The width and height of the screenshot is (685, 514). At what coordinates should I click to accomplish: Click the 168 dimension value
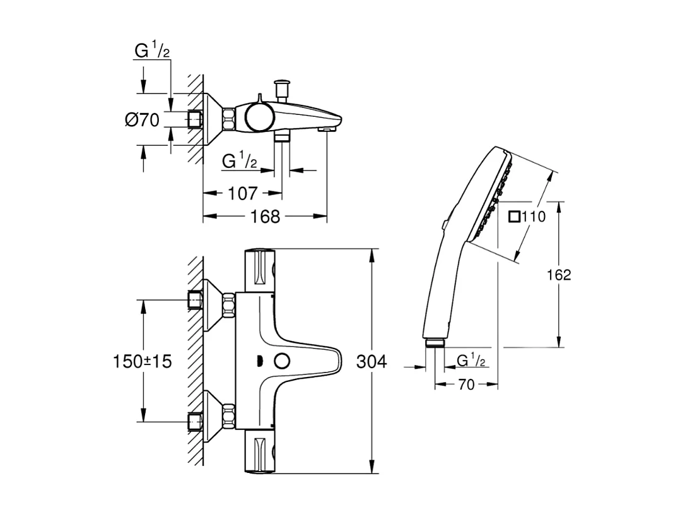265,217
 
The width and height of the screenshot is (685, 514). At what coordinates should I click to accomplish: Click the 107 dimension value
242,193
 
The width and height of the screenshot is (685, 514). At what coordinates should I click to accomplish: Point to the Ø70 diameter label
142,119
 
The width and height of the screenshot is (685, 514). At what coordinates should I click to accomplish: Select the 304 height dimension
372,362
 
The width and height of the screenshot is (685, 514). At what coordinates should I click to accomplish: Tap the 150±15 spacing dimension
142,362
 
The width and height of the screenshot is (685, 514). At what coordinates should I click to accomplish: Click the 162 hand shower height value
558,275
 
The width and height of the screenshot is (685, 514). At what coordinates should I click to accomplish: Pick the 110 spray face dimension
533,217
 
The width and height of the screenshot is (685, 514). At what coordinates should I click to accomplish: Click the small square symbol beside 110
514,217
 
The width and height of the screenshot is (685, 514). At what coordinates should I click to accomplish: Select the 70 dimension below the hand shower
465,385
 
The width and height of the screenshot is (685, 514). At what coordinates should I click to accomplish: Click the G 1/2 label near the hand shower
471,361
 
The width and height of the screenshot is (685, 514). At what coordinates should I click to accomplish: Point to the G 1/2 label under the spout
240,162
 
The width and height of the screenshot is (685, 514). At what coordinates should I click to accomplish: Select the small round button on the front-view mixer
281,362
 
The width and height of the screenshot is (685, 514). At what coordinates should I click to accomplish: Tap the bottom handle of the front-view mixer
259,453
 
